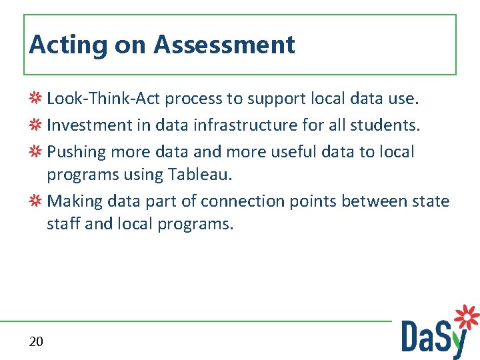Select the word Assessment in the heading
[x=224, y=45]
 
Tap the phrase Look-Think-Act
[x=103, y=99]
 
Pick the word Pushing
[x=77, y=151]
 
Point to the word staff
[x=63, y=224]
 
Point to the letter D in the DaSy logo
[x=411, y=336]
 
